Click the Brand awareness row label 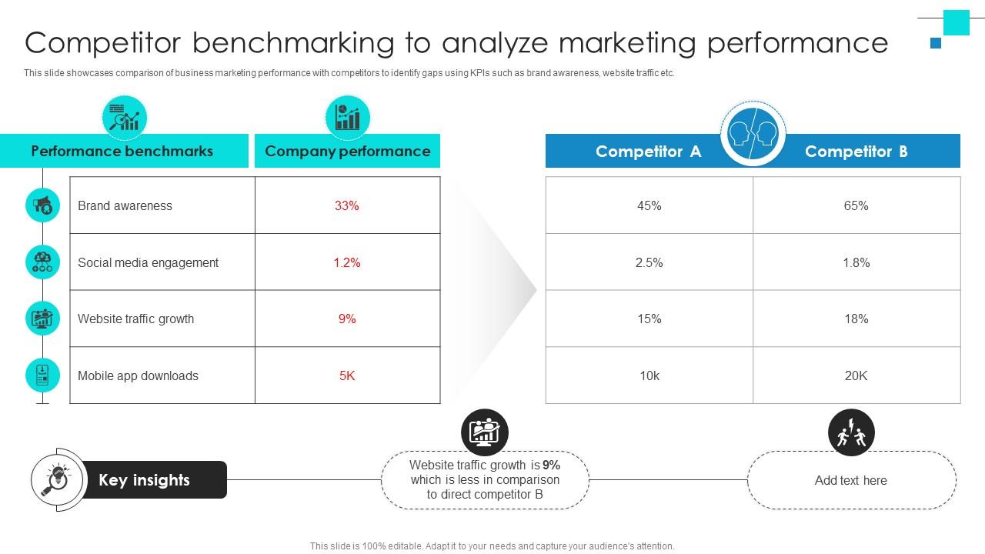click(125, 205)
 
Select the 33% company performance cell click(347, 205)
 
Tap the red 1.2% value click(347, 262)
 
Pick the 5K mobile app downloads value click(347, 375)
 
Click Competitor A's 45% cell click(649, 205)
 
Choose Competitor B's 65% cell click(856, 205)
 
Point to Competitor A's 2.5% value click(649, 262)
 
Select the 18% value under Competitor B click(856, 319)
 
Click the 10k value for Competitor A click(649, 375)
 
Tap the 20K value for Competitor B click(856, 375)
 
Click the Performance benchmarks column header click(122, 151)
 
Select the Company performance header click(347, 151)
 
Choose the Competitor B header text click(856, 152)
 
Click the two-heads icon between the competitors click(753, 133)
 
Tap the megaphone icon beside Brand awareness click(42, 205)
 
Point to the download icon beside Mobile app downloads click(42, 375)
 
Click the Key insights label click(144, 480)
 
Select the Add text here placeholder click(850, 480)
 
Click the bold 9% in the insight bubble click(551, 465)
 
